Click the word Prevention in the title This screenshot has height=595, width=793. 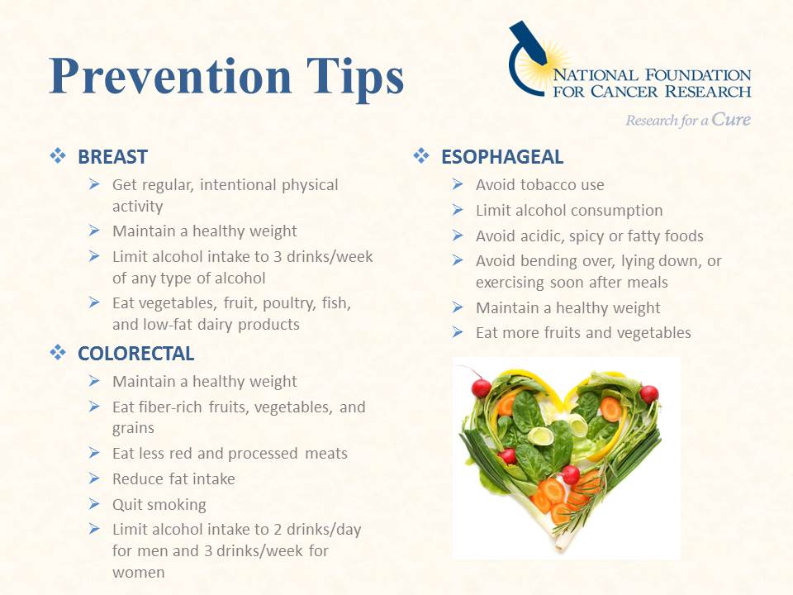[170, 76]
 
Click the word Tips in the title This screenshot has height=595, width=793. [355, 79]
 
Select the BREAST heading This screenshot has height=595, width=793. [113, 157]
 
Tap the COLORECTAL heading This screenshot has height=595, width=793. [136, 354]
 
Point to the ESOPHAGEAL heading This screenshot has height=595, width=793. [502, 157]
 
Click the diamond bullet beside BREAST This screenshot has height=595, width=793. [58, 156]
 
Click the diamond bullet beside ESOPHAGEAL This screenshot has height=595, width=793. [420, 156]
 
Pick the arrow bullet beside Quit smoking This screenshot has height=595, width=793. [94, 503]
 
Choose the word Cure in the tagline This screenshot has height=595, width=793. [731, 119]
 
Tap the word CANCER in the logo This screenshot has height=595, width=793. [624, 92]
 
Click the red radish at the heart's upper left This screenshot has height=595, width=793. [481, 388]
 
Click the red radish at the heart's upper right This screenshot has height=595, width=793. [649, 393]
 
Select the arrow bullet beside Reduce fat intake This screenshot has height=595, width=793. [94, 478]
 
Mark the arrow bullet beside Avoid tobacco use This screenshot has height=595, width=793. [458, 183]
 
